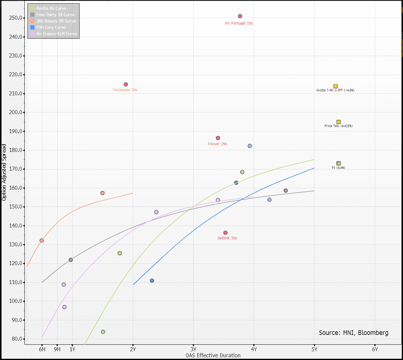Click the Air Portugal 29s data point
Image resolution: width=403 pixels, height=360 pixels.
click(x=240, y=16)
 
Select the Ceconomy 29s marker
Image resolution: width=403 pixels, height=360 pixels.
click(x=126, y=84)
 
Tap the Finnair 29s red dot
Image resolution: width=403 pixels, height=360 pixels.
click(x=218, y=138)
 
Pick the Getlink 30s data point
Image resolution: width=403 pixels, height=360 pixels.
click(x=226, y=233)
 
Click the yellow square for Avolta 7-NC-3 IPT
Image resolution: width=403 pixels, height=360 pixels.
click(x=336, y=86)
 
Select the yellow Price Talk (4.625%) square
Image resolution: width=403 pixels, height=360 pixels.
click(x=339, y=122)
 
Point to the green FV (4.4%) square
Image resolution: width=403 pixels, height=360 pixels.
click(x=339, y=164)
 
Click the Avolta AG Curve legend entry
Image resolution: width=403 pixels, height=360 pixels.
click(x=51, y=8)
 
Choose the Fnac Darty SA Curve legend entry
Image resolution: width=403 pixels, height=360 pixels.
click(x=55, y=15)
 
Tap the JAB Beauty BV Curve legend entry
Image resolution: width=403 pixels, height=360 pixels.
click(x=56, y=21)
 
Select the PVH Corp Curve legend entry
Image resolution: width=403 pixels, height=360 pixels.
click(x=51, y=27)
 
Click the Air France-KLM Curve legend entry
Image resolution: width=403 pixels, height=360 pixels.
click(x=57, y=34)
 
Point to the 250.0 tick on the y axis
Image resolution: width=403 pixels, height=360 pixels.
click(x=16, y=18)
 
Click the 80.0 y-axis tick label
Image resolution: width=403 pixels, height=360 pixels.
click(x=17, y=339)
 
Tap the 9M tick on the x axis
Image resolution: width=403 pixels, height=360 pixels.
click(x=57, y=349)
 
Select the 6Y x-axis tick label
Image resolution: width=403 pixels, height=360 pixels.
click(x=375, y=349)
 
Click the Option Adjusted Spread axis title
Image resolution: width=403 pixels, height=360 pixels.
click(x=4, y=172)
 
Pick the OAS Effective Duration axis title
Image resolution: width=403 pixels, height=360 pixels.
click(x=213, y=355)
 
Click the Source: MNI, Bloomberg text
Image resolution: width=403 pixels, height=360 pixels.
click(x=354, y=333)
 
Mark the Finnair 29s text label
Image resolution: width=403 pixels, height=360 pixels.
click(x=217, y=144)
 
